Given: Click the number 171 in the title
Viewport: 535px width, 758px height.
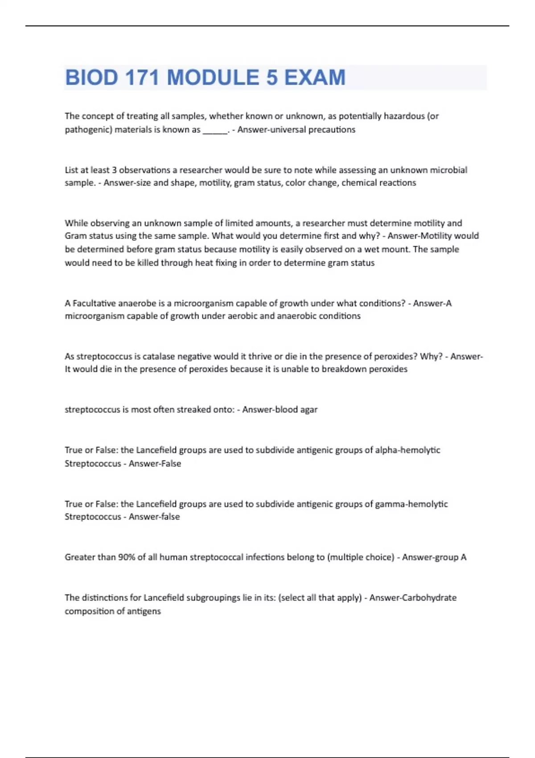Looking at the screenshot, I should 142,78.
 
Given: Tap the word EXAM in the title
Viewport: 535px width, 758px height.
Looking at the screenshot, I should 315,78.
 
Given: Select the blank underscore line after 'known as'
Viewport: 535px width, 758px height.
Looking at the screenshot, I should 215,130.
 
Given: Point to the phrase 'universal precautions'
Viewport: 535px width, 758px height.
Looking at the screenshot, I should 296,130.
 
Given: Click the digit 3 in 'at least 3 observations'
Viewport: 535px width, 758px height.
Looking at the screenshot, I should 114,170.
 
